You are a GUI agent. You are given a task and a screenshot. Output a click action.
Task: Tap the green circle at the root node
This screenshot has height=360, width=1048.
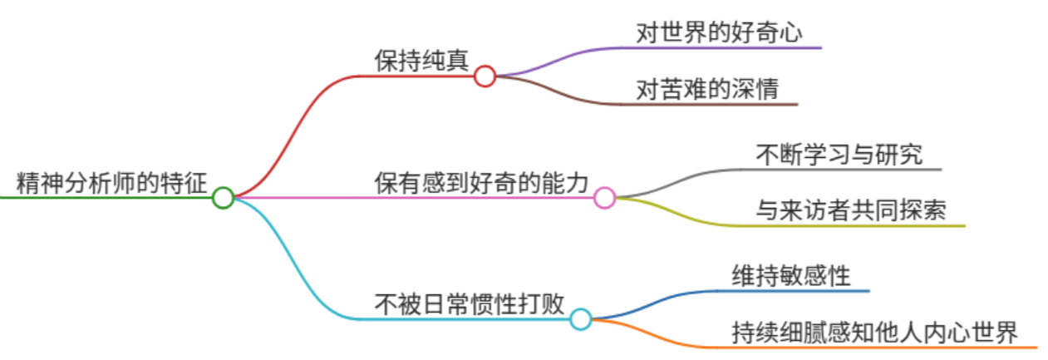point(223,198)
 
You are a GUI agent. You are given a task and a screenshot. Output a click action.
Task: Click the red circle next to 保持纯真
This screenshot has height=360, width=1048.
point(485,76)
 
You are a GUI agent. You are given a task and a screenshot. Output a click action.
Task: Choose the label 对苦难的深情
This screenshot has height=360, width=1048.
point(707,89)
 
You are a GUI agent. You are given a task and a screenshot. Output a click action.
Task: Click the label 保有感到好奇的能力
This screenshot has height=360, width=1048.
point(482,180)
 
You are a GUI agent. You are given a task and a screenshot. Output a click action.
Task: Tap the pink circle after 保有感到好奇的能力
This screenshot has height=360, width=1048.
point(605,198)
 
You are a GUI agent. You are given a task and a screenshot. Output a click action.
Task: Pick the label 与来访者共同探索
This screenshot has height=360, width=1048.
point(851,210)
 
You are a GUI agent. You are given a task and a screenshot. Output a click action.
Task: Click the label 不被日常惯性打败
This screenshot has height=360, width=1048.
point(470,303)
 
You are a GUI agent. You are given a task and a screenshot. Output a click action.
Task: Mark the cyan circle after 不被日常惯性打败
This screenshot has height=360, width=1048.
point(581,319)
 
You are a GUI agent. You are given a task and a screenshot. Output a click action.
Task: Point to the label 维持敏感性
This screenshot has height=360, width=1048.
point(791,275)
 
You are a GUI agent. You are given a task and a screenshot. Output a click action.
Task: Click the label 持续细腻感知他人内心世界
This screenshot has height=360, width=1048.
point(874,332)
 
